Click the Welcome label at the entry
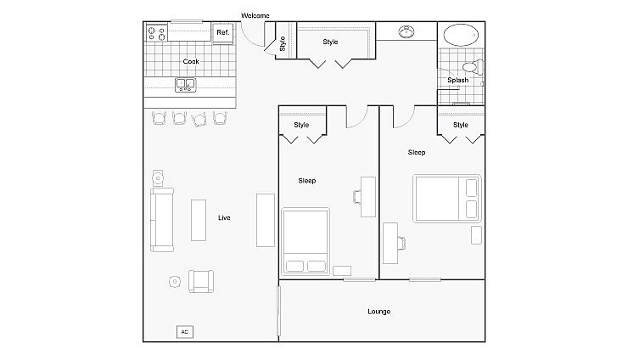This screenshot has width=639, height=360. point(255,15)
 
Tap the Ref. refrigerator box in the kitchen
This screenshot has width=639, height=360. point(222,32)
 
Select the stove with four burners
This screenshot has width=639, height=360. point(157,33)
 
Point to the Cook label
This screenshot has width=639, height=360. point(191,61)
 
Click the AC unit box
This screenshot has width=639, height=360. point(184,332)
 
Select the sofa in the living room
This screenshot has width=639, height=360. point(161,220)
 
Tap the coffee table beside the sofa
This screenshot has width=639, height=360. point(199,220)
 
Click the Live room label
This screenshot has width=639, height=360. point(224,218)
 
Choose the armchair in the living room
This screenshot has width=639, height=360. point(201,280)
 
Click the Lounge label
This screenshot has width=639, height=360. point(379,312)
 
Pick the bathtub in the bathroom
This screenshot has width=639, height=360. point(461,36)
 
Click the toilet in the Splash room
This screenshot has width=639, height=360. point(470,67)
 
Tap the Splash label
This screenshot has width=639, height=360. point(458,81)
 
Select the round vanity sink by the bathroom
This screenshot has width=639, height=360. point(406,33)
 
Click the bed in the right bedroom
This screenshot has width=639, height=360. point(447,199)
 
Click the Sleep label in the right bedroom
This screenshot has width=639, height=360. point(417,153)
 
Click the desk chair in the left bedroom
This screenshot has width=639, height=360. point(357,197)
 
